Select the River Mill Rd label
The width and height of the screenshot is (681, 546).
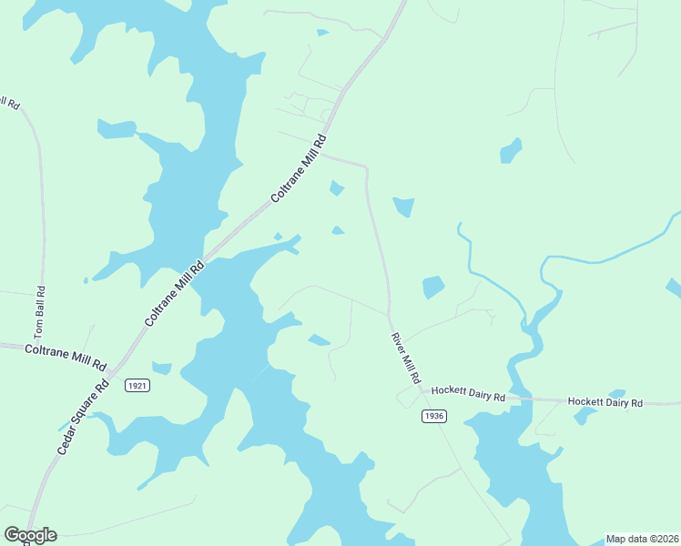(x=406, y=357)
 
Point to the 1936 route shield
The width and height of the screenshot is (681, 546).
(x=434, y=416)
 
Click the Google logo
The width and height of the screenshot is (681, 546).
(x=30, y=535)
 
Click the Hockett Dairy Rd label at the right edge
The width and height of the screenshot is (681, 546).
(x=605, y=401)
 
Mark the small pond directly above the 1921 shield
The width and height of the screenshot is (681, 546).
(x=161, y=369)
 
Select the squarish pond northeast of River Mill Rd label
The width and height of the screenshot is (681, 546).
(x=433, y=288)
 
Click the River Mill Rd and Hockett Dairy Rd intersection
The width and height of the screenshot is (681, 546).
(x=422, y=391)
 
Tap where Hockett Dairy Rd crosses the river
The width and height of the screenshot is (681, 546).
(x=515, y=399)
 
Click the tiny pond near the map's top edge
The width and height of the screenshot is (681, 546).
(x=322, y=33)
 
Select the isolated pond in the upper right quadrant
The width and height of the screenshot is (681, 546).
(x=511, y=150)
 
